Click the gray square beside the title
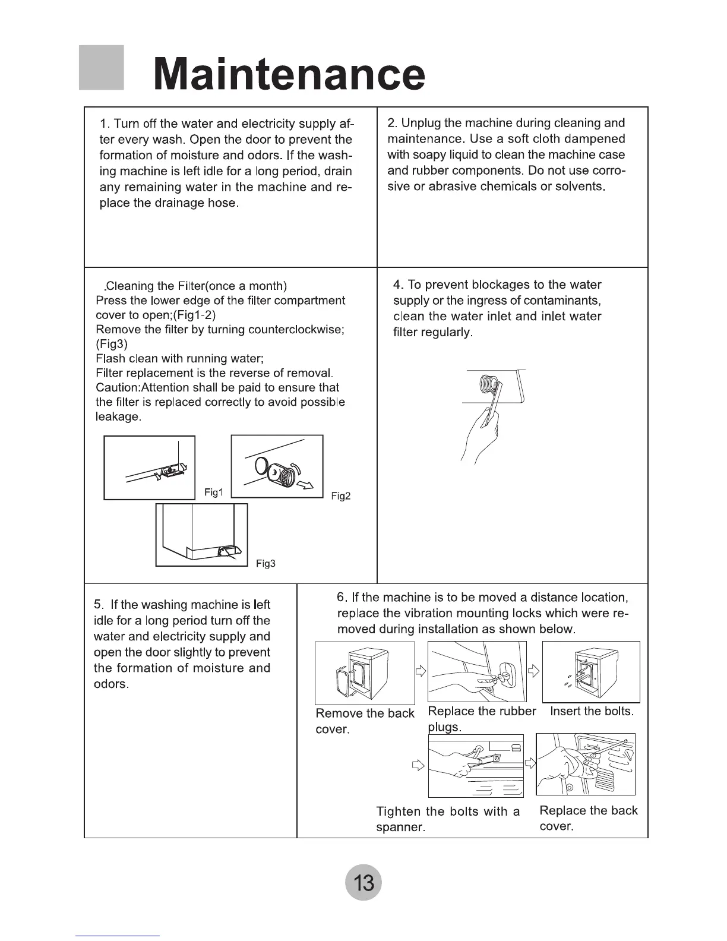(101, 67)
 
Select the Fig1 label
(213, 492)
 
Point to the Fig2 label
(341, 496)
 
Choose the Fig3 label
(265, 563)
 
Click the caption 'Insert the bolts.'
(592, 711)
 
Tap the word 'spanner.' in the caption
(400, 827)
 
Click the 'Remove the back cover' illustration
(364, 673)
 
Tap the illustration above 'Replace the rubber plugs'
(477, 671)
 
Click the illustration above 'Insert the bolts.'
(591, 671)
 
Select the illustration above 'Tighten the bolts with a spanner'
(476, 765)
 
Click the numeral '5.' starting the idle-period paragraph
(100, 605)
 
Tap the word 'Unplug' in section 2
(421, 123)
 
